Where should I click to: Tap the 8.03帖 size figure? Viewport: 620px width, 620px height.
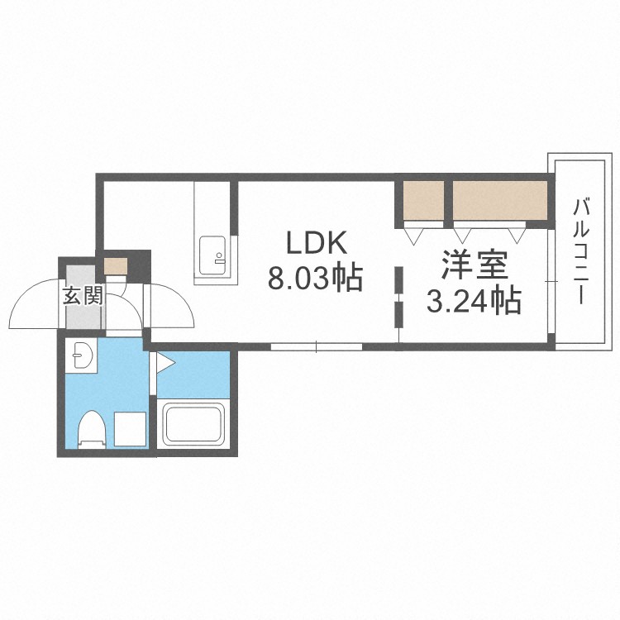(x=315, y=279)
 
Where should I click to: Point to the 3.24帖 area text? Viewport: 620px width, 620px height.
(x=474, y=301)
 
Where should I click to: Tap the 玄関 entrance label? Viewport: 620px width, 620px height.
(x=81, y=295)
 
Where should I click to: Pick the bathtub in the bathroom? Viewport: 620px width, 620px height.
(x=193, y=424)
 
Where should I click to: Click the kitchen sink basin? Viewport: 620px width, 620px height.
(x=212, y=247)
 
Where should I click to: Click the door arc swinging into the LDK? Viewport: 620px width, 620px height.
(x=169, y=306)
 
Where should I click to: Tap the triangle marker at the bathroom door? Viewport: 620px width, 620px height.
(x=164, y=361)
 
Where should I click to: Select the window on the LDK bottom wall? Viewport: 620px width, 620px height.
(x=316, y=346)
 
